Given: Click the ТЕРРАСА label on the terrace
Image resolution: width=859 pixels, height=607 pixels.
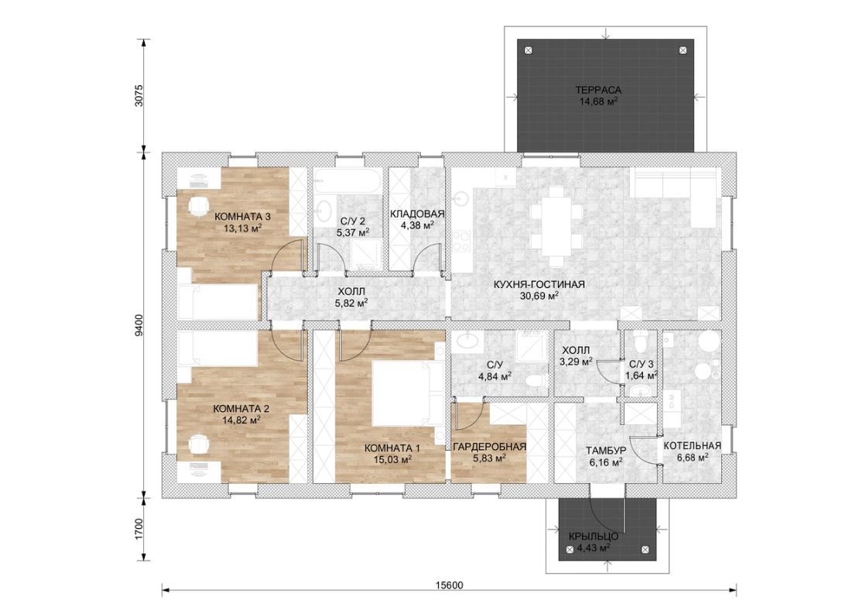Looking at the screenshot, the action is tap(598, 90).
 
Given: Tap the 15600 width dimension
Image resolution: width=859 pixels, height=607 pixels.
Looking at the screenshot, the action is tap(449, 585).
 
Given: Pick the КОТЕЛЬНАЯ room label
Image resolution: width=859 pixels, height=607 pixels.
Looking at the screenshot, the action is tap(692, 446).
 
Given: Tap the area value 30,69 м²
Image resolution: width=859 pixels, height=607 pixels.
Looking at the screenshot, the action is tap(539, 296).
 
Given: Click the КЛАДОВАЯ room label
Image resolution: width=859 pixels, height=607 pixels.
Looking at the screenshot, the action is tap(417, 214).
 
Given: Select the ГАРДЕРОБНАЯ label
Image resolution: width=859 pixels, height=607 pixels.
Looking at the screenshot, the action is tap(489, 447).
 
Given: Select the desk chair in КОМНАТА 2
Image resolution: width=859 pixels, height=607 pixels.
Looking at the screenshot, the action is tap(197, 444).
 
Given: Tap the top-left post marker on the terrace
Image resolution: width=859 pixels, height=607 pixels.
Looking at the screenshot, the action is tap(529, 50).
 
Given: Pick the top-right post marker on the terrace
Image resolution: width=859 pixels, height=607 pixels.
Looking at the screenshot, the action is tap(683, 50).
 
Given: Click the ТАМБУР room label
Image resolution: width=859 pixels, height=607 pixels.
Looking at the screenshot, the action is tap(606, 451).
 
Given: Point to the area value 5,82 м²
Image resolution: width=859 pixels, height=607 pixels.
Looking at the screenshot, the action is tap(351, 302).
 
